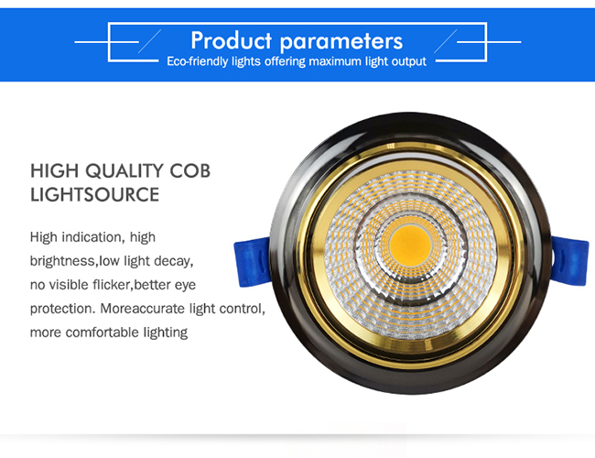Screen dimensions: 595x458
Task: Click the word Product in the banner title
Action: [x=231, y=40]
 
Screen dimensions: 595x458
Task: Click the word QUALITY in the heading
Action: [x=124, y=171]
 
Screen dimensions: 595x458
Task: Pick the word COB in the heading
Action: [x=189, y=171]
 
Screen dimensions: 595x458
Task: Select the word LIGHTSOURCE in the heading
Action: [x=94, y=195]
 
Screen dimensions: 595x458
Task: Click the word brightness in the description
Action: [x=62, y=261]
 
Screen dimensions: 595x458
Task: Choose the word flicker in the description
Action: [x=112, y=285]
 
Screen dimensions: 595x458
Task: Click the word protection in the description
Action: [x=61, y=309]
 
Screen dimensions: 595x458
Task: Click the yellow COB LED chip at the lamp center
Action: [x=410, y=245]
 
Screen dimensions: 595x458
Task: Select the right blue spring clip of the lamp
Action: [x=569, y=260]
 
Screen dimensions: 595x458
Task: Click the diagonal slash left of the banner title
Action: [x=149, y=41]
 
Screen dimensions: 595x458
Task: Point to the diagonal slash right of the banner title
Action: [x=446, y=41]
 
